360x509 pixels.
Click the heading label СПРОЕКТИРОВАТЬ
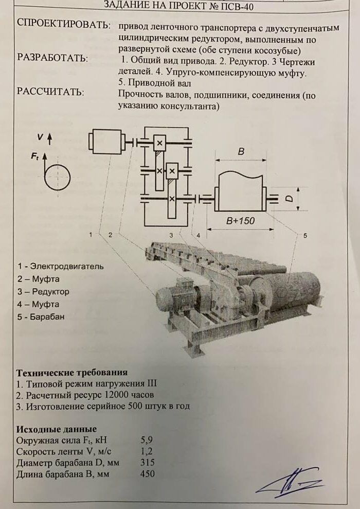[x=63, y=24]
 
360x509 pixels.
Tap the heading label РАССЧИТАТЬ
[x=50, y=92]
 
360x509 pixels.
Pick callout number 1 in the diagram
[x=91, y=235]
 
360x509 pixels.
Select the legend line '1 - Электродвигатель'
[x=60, y=267]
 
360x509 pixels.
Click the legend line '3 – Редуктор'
[x=43, y=292]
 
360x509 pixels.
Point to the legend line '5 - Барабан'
[x=41, y=317]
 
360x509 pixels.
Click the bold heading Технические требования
[x=72, y=373]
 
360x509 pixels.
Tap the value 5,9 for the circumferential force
[x=147, y=441]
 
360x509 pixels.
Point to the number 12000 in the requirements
[x=104, y=395]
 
